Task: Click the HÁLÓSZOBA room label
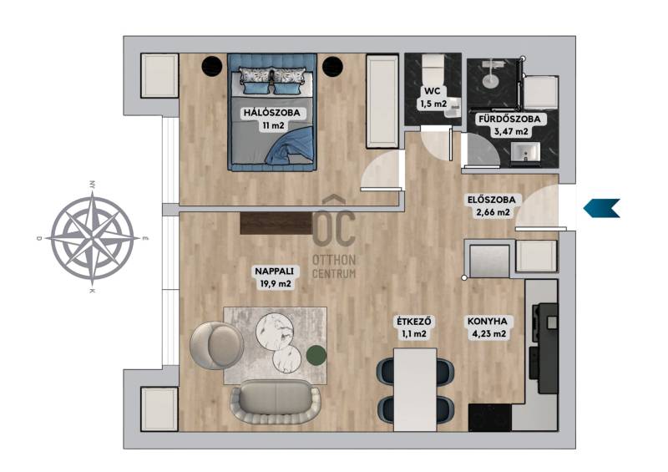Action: coord(272,113)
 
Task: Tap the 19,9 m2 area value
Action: coord(276,283)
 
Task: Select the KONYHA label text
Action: coord(488,322)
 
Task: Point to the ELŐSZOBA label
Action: coord(491,200)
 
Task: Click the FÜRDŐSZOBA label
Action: coord(509,119)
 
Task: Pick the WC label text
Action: coord(433,91)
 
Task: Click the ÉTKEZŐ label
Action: coord(413,322)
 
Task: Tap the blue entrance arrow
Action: coord(601,208)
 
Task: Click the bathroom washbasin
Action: coord(526,152)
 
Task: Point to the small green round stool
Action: coord(316,355)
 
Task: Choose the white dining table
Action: coord(415,389)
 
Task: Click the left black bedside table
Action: coord(212,66)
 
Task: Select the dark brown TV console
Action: coord(276,223)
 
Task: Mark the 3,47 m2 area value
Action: coord(511,132)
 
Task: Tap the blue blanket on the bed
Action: coord(290,150)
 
